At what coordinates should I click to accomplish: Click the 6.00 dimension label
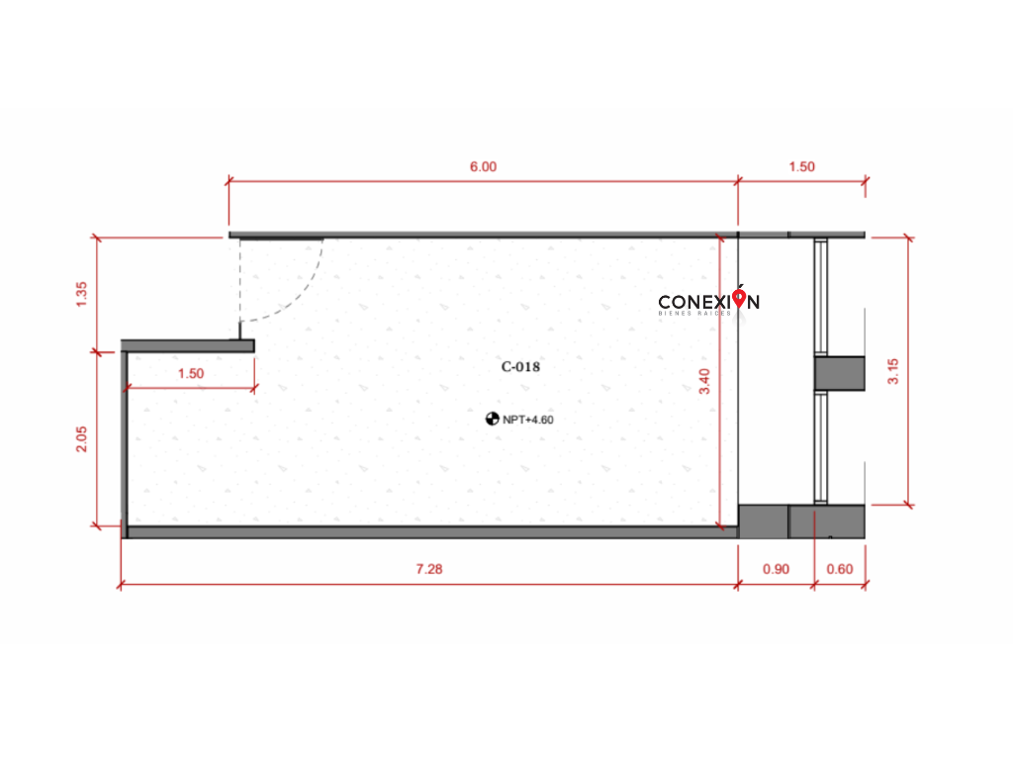(x=483, y=166)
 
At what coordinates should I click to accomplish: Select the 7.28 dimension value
(x=429, y=569)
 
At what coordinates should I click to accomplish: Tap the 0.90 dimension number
(x=776, y=569)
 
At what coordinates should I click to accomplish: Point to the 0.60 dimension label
(x=840, y=569)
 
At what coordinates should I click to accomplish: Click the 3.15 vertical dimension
(x=893, y=372)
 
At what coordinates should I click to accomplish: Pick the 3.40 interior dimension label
(x=704, y=381)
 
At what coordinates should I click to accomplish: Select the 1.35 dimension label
(x=81, y=294)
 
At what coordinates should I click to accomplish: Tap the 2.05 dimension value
(x=81, y=439)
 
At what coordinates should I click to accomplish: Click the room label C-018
(x=520, y=367)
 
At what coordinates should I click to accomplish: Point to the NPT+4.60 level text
(x=528, y=420)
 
